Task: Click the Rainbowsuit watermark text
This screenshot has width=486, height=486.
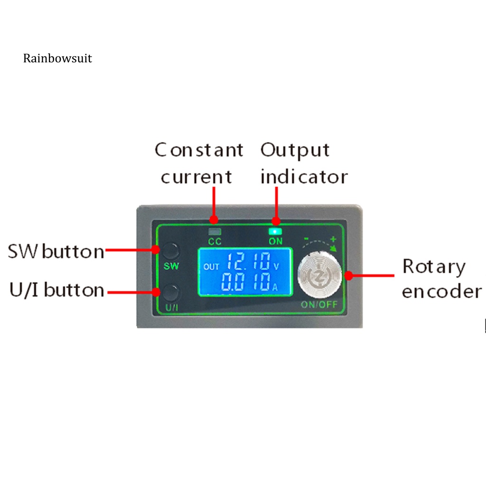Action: (57, 58)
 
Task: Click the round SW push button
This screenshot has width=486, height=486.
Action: (171, 250)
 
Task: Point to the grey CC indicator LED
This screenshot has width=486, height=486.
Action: (215, 232)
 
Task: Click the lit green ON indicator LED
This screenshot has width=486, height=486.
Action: (275, 232)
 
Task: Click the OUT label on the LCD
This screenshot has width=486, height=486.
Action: (211, 266)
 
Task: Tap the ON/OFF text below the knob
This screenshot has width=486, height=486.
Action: (319, 305)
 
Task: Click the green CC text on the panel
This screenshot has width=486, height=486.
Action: (215, 242)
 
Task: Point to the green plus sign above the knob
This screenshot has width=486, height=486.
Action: (334, 239)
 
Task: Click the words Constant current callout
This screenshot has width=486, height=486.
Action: (198, 163)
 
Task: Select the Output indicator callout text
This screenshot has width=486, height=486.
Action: (303, 163)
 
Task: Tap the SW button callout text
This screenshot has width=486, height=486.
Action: (56, 252)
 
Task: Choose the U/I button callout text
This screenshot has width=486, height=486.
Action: (56, 290)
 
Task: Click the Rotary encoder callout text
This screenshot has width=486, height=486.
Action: (441, 279)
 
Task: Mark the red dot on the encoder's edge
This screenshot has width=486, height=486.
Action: (349, 275)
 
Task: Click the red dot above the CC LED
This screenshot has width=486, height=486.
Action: (214, 220)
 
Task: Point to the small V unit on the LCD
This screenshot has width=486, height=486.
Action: (277, 266)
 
